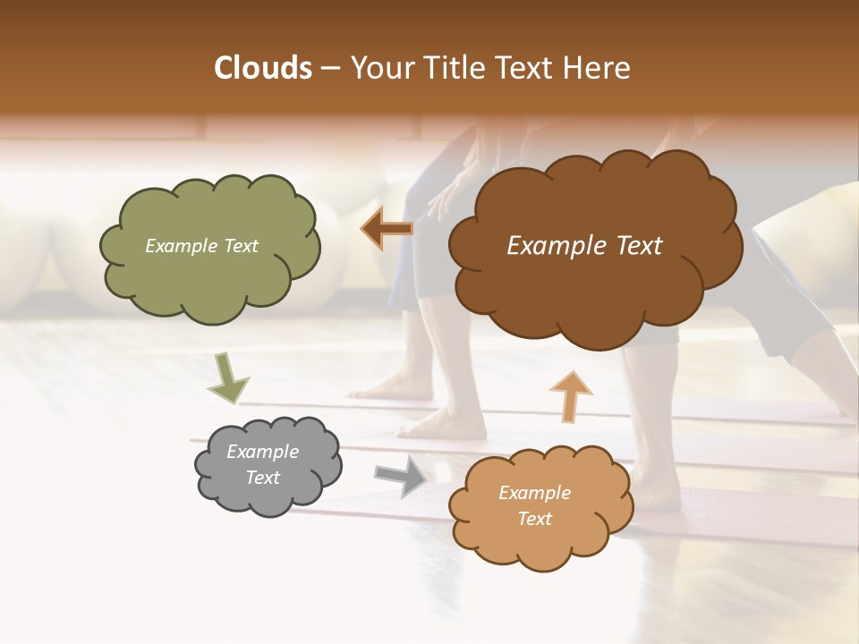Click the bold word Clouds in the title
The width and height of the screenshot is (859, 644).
click(263, 68)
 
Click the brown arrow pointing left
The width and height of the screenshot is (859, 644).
click(387, 229)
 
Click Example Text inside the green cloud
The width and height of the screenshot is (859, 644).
click(201, 246)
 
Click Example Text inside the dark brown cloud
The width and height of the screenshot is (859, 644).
click(584, 246)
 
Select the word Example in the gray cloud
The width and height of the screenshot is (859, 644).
click(262, 452)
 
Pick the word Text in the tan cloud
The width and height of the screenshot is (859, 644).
click(534, 519)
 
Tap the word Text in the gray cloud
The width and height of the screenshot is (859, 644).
click(262, 478)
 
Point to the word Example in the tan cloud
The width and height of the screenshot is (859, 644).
click(534, 493)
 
